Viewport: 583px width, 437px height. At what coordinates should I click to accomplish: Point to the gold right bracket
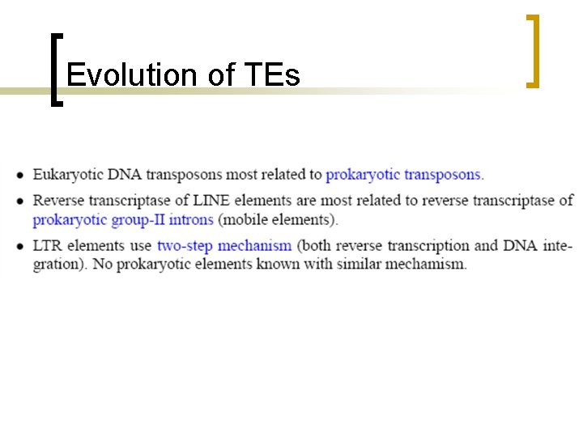pyautogui.click(x=532, y=50)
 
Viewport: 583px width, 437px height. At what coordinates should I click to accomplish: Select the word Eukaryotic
pyautogui.click(x=67, y=174)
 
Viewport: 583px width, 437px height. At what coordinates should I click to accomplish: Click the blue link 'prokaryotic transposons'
pyautogui.click(x=404, y=174)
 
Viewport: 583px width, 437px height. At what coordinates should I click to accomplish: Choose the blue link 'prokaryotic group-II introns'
pyautogui.click(x=123, y=219)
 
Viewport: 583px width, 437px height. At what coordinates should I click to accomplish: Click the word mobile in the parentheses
pyautogui.click(x=246, y=219)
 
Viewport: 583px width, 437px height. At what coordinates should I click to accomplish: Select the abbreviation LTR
pyautogui.click(x=46, y=245)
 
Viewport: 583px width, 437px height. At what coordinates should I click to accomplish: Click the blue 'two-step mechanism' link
pyautogui.click(x=224, y=245)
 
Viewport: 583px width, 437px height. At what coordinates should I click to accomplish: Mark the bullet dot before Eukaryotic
pyautogui.click(x=19, y=175)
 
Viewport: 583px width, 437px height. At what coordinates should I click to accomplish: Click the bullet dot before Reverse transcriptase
pyautogui.click(x=19, y=201)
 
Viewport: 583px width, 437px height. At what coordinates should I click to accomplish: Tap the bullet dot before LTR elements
pyautogui.click(x=19, y=246)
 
